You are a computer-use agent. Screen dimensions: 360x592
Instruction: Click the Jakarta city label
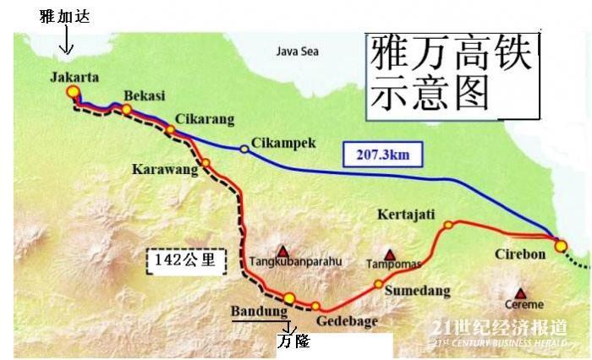[74, 77]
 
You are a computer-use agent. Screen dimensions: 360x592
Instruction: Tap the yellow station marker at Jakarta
[74, 92]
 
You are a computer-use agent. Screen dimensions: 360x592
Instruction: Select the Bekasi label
[144, 96]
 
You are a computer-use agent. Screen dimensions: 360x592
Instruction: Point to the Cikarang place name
[205, 118]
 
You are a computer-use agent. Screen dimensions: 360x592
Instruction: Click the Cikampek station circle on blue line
[244, 149]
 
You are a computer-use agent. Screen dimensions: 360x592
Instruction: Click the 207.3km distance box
[381, 154]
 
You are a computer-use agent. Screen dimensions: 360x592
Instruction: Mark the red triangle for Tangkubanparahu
[282, 251]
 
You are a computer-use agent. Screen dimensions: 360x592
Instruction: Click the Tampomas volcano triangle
[390, 254]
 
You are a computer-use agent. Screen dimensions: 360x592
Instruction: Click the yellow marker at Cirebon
[561, 246]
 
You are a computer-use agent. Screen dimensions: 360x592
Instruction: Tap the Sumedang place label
[414, 292]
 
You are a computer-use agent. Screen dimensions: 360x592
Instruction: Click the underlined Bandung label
[259, 311]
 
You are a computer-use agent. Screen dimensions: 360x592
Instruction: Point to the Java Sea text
[298, 51]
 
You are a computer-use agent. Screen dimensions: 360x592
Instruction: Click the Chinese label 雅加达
[64, 16]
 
